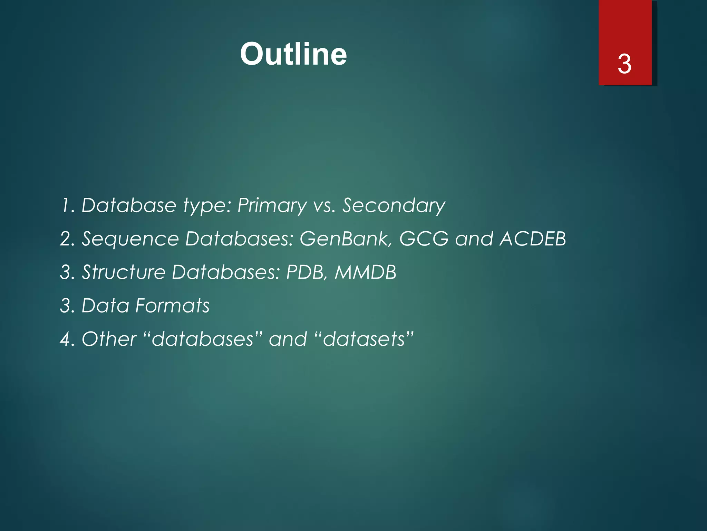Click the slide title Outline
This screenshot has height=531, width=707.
coord(293,54)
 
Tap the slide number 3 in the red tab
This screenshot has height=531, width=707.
coord(624,64)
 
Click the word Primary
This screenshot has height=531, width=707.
coord(272,206)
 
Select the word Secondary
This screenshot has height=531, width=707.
coord(394,206)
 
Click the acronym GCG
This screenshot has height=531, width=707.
coord(424,239)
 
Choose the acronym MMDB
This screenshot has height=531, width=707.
coord(365,272)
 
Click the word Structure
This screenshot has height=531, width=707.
coord(124,272)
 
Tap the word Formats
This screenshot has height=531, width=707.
coord(172,306)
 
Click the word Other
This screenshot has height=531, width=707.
coord(109,339)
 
